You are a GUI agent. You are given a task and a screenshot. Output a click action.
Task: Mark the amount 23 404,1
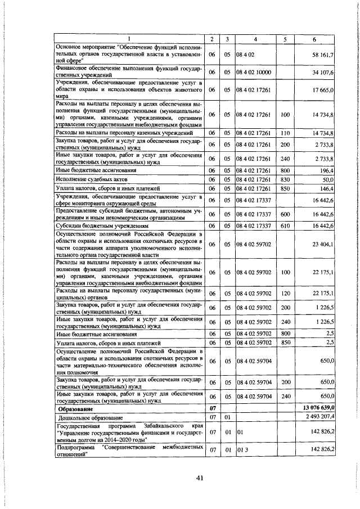[x=324, y=244]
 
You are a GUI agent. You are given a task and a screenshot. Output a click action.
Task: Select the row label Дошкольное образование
[x=90, y=417]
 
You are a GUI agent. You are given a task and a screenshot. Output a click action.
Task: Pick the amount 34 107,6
[x=324, y=73]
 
